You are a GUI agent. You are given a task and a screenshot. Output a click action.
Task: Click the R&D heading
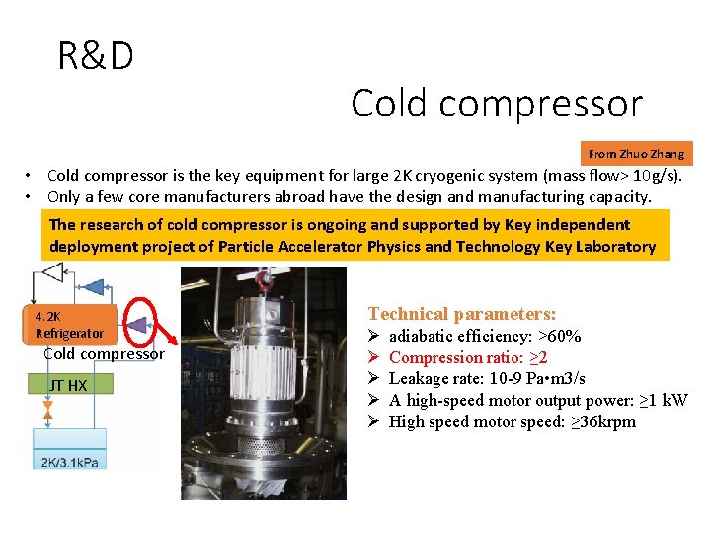click(96, 56)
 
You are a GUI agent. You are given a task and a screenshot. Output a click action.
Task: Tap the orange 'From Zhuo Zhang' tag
click(636, 154)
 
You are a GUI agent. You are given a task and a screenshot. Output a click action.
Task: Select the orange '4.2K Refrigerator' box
click(68, 325)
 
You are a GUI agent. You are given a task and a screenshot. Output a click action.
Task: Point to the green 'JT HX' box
click(68, 385)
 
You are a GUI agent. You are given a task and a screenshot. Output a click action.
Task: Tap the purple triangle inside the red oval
click(137, 323)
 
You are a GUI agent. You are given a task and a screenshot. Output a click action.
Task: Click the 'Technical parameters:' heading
click(462, 314)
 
